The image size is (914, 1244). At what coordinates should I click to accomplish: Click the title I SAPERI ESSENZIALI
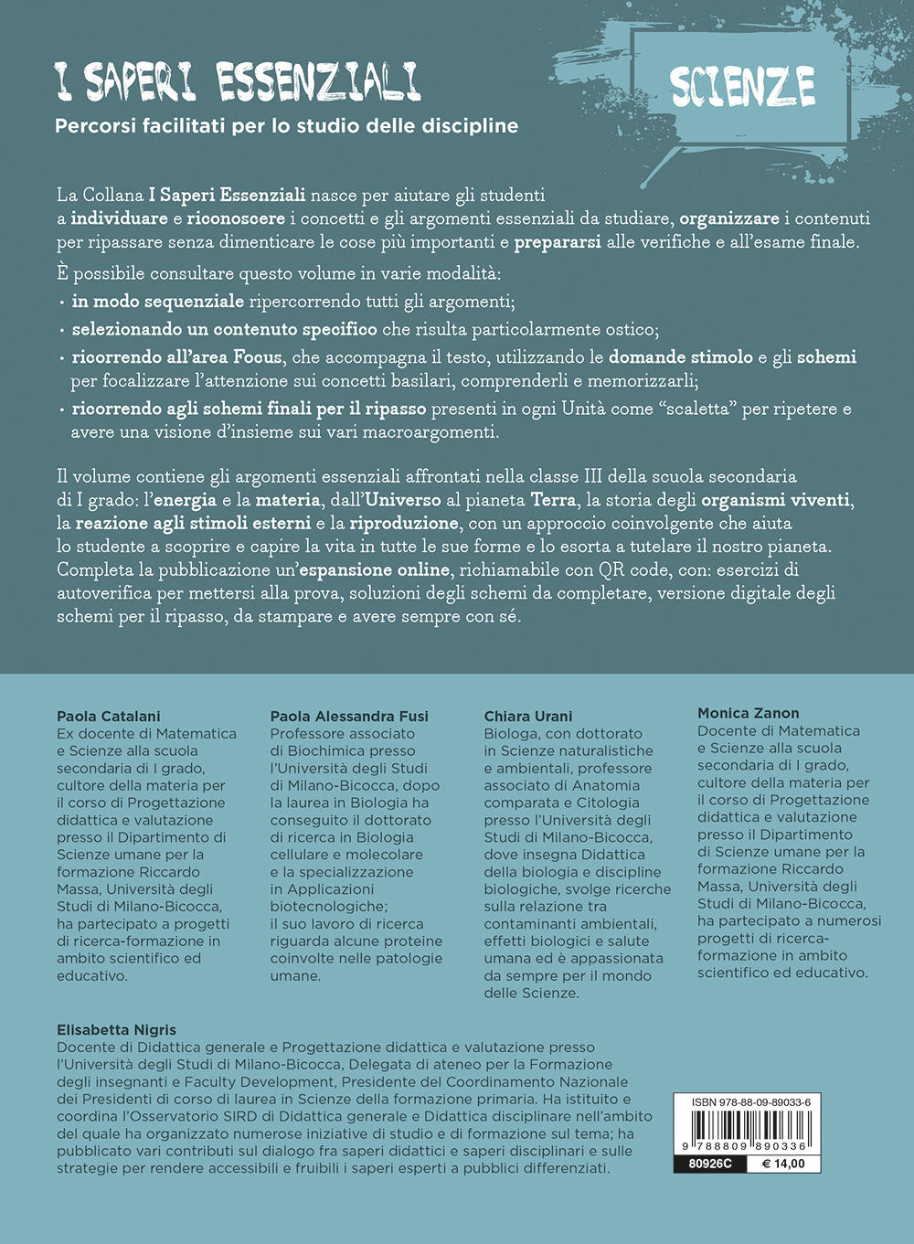coord(238,82)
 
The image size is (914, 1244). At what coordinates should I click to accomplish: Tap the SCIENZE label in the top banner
coord(742,88)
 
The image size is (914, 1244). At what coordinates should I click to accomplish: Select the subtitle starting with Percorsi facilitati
coord(286,126)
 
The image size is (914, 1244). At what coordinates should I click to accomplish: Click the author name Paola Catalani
coord(109,716)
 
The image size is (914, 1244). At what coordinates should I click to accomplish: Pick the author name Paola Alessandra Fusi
coord(349,716)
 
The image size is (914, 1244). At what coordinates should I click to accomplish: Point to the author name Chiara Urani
coord(528,716)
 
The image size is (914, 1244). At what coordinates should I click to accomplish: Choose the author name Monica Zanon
coord(749,713)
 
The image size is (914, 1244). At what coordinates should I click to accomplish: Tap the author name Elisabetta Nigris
coord(116,1029)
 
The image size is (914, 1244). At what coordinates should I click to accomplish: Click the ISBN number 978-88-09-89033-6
coord(745,1102)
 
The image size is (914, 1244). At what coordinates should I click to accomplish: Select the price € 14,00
coord(782,1164)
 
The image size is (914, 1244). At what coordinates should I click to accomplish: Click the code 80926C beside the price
coord(706,1164)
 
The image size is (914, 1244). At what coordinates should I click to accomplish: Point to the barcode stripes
coord(745,1126)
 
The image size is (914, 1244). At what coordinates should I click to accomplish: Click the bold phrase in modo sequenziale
coord(158,301)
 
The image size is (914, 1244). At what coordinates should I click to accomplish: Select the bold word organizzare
coord(729,218)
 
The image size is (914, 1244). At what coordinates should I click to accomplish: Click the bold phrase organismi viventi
coord(776,500)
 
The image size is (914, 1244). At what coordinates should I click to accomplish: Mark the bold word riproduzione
coord(403,523)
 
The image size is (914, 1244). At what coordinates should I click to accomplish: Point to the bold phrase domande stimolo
coord(681,356)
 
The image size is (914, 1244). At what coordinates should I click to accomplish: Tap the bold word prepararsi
coord(558,242)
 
